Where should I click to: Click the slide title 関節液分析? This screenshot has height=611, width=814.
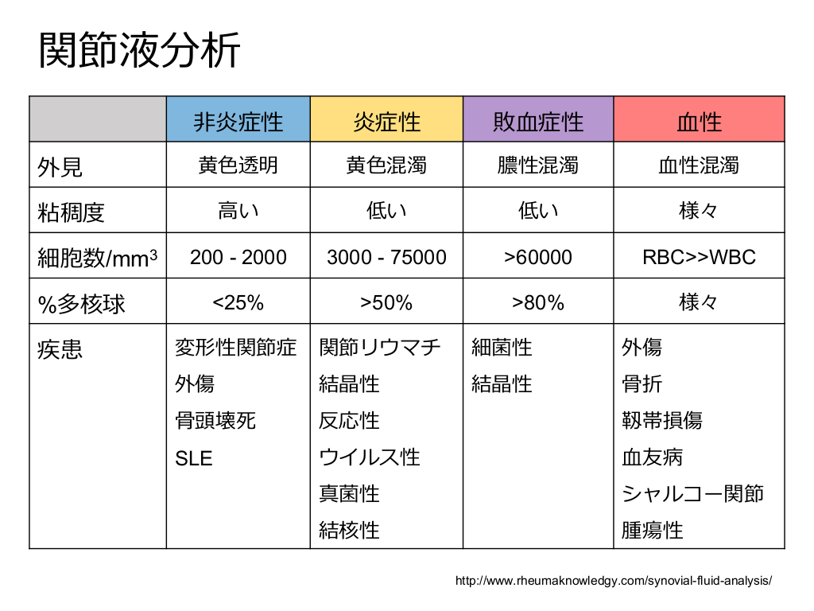click(x=140, y=52)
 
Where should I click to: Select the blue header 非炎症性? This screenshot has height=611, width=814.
click(x=238, y=121)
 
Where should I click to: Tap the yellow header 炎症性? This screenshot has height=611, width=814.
click(x=386, y=121)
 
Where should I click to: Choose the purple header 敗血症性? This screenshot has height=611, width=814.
click(x=538, y=121)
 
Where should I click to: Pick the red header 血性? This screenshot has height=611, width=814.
click(x=699, y=121)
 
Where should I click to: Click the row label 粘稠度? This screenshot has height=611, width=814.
click(x=72, y=212)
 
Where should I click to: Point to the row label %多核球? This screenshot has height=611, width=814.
click(x=81, y=303)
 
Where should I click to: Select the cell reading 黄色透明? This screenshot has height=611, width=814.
click(x=238, y=165)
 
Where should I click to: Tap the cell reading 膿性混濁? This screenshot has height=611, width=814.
click(x=538, y=165)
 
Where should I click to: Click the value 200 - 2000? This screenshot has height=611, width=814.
click(x=238, y=257)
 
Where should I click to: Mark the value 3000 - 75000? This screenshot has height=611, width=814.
click(x=386, y=257)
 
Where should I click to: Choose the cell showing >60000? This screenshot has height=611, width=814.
click(x=538, y=257)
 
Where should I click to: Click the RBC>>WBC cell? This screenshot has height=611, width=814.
click(x=699, y=257)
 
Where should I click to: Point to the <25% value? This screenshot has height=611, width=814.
click(x=238, y=302)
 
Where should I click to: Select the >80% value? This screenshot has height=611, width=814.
click(x=538, y=302)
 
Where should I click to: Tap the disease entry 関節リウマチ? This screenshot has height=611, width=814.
click(x=380, y=348)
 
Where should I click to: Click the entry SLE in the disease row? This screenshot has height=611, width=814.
click(x=194, y=458)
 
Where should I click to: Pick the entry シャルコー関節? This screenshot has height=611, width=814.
click(x=692, y=493)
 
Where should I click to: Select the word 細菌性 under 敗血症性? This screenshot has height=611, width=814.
click(x=502, y=348)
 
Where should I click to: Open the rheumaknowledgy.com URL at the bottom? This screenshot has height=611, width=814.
click(x=614, y=581)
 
